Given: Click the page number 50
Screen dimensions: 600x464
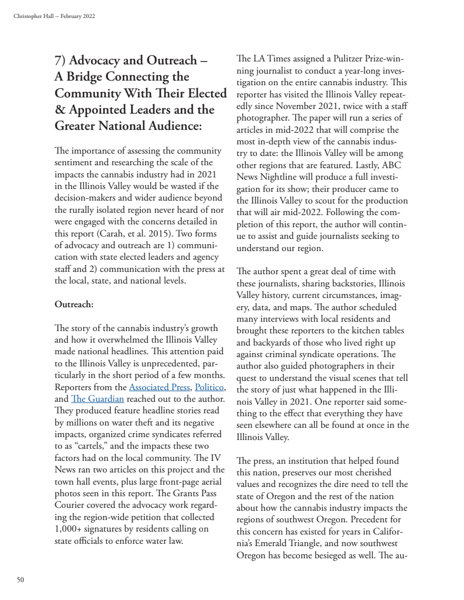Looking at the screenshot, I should (20, 579).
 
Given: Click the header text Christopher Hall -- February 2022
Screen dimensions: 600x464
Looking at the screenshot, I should (54, 16).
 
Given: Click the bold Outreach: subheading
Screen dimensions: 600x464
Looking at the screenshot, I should (74, 303).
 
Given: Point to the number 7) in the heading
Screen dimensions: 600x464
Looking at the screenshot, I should (63, 60).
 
